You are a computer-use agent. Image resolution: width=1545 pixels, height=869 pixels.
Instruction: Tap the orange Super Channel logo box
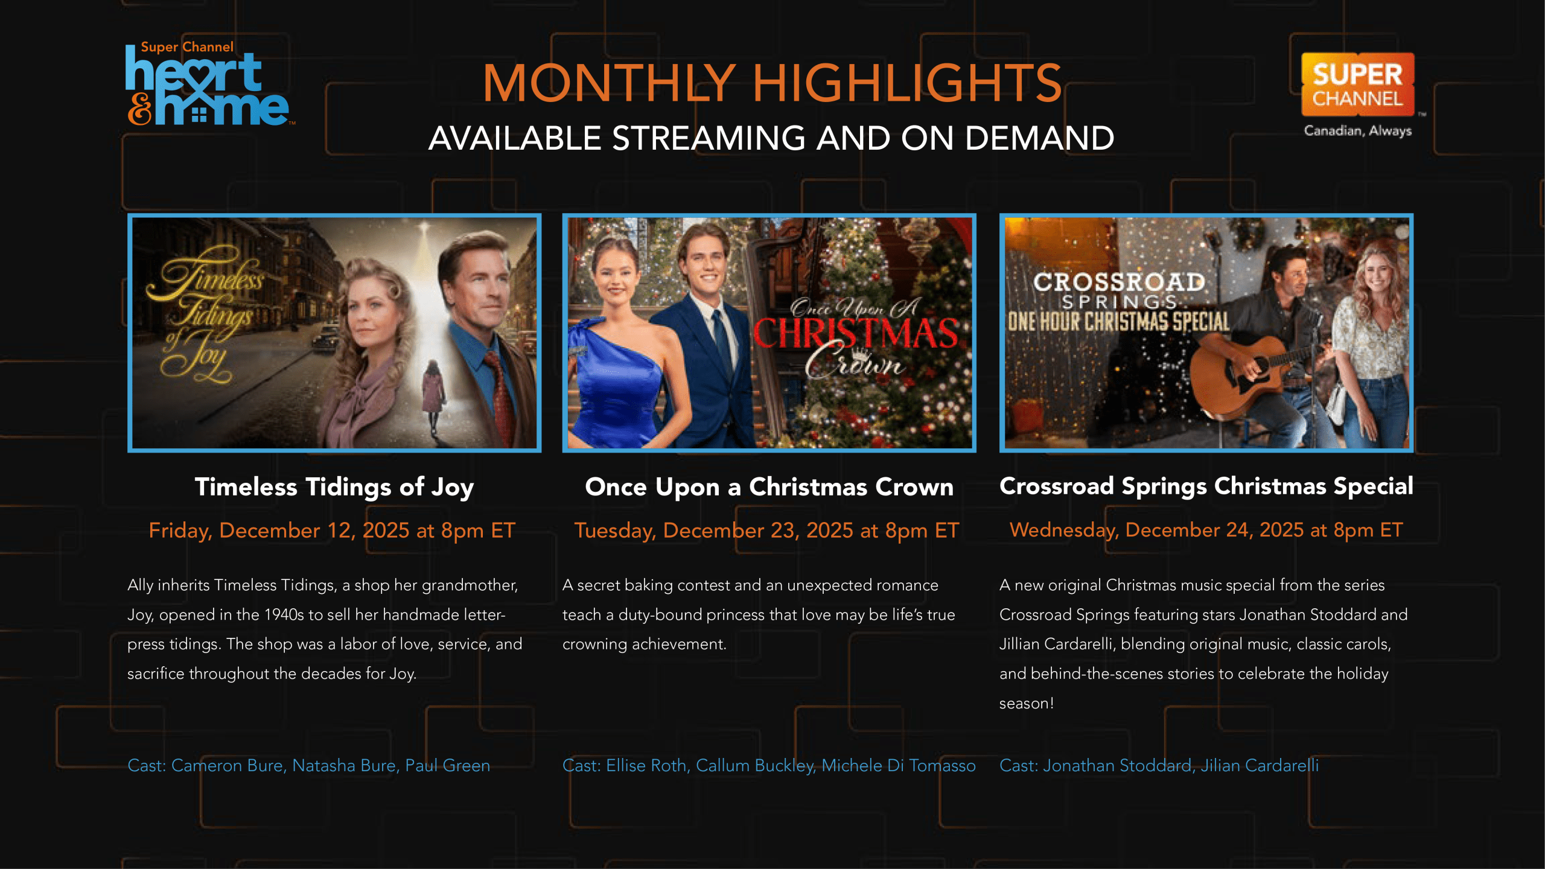1357,84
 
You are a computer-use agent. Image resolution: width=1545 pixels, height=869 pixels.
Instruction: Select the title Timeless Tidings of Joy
334,487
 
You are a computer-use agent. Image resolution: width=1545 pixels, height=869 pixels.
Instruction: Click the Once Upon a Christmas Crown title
769,487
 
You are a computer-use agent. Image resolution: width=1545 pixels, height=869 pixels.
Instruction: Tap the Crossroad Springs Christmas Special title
1206,486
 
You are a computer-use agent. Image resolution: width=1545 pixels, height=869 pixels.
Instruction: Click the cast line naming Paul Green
308,765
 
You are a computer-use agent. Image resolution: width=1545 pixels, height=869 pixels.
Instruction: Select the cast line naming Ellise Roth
769,765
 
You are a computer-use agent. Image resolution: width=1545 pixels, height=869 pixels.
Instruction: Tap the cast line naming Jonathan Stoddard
1159,765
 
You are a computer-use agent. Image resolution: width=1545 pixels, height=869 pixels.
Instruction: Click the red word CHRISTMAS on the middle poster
855,333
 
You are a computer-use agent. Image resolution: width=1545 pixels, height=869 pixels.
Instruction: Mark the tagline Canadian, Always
1357,131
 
